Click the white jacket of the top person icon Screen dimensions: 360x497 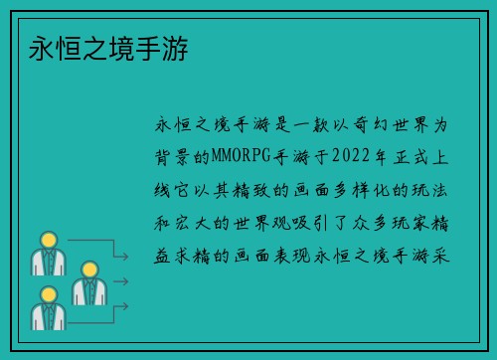(x=47, y=263)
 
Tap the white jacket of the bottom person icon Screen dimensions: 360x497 (x=47, y=316)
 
